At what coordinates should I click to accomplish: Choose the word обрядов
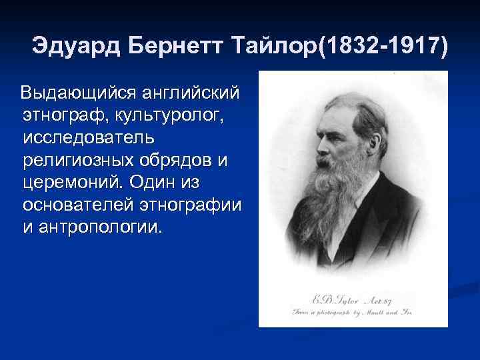click(183, 159)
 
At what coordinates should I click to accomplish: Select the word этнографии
click(193, 204)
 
